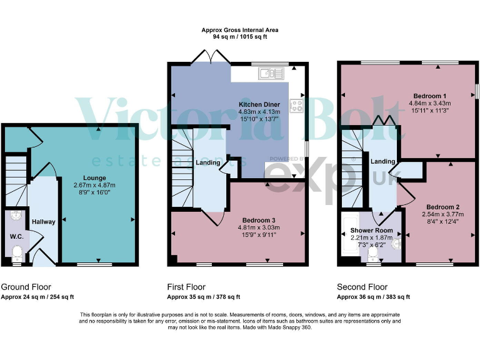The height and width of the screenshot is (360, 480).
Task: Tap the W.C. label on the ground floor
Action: [16, 236]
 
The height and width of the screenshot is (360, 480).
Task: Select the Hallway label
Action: [44, 221]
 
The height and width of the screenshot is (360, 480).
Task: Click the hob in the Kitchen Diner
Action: [295, 105]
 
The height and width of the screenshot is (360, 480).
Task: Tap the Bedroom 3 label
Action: [259, 219]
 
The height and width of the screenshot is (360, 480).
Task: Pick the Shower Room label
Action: [375, 231]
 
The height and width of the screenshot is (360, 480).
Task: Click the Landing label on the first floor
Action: [207, 163]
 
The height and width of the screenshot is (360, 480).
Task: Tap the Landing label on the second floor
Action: [382, 161]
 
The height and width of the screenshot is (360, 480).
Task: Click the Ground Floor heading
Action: [26, 287]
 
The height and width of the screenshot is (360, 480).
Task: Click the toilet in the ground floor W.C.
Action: [17, 254]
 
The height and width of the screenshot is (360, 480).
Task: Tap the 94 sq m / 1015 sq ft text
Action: [240, 37]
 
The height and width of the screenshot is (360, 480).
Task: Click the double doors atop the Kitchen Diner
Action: [210, 57]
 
